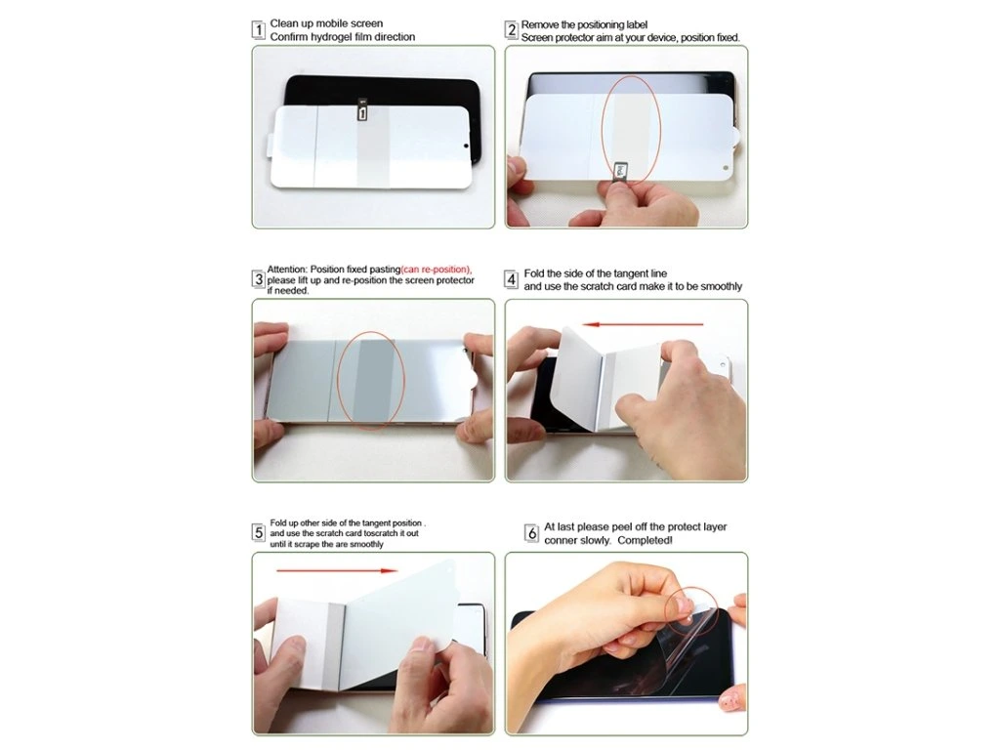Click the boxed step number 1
[x=258, y=30]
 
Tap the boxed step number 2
[x=511, y=30]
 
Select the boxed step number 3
[x=258, y=279]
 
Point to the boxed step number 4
[x=511, y=279]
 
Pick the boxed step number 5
[x=258, y=532]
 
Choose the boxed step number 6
[x=531, y=532]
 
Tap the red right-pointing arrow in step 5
[x=337, y=570]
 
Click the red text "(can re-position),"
[x=437, y=270]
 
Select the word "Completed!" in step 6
[x=645, y=540]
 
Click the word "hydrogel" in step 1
[x=331, y=37]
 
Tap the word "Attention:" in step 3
[x=287, y=270]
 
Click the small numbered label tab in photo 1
[x=362, y=111]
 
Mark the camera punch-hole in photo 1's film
[x=466, y=146]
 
